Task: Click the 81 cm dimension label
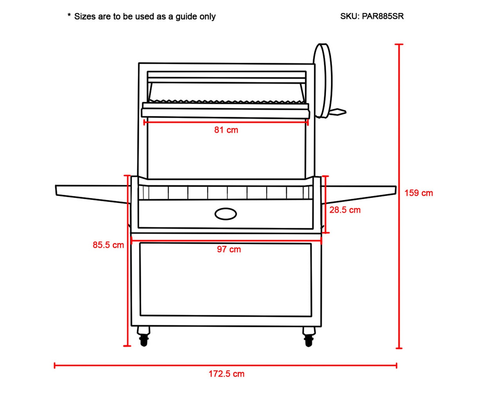point(226,130)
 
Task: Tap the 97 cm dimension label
point(229,249)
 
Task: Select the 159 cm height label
point(419,193)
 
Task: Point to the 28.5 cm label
point(345,210)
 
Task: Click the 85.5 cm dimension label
point(108,245)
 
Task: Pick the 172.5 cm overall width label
point(226,374)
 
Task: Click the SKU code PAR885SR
point(383,16)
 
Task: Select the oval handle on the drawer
point(225,214)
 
